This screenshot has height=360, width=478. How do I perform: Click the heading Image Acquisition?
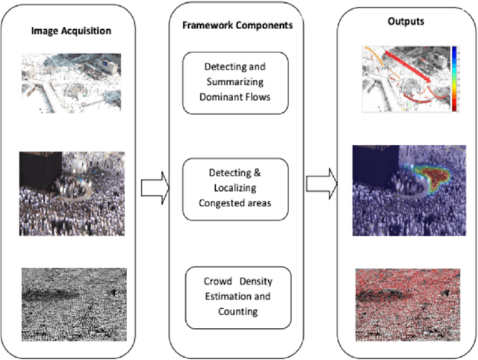72,32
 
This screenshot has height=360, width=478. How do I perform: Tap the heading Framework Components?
238,25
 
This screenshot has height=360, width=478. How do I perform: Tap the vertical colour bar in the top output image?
456,78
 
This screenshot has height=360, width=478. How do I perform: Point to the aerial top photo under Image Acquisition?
72,82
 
